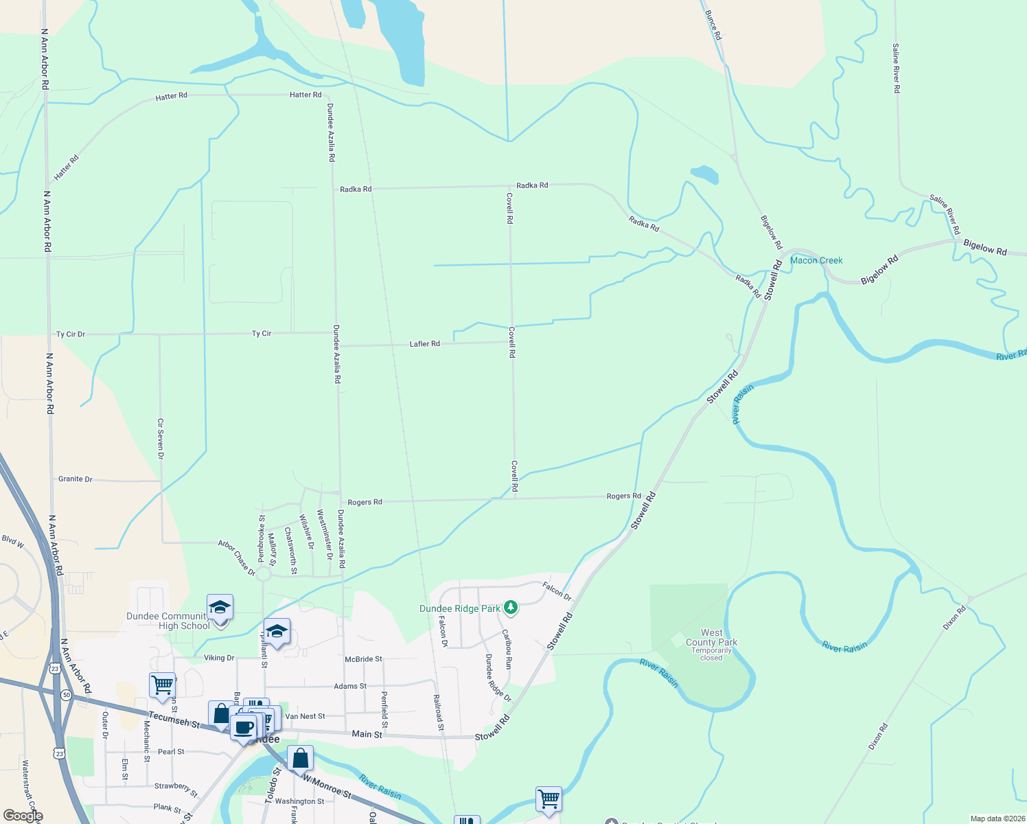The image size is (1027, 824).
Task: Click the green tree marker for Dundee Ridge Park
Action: (510, 607)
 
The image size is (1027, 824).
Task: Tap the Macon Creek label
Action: (816, 260)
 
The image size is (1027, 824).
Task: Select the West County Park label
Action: (711, 638)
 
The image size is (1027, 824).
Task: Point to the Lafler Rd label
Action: (424, 343)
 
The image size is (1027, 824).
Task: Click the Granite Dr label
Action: (75, 479)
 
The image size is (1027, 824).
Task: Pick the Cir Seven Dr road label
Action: (161, 439)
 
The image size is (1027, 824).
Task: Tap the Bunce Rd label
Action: (713, 25)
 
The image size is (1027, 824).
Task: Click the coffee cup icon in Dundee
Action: (243, 727)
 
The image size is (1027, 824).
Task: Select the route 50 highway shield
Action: (66, 695)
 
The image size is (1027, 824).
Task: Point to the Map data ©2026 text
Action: (995, 819)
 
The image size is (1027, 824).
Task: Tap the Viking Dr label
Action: (219, 658)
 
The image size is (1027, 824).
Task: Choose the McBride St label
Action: (363, 659)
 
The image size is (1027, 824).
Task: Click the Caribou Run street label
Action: (507, 649)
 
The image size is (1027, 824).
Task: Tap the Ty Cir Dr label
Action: (71, 334)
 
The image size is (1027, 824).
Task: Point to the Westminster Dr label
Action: (324, 534)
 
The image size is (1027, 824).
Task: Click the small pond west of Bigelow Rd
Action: (704, 174)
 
